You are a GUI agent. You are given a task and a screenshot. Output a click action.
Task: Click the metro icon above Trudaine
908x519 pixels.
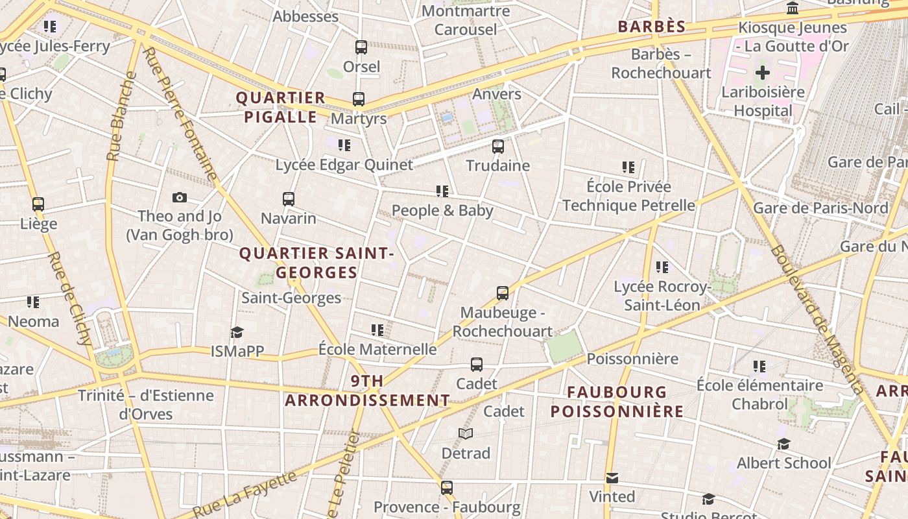click(498, 147)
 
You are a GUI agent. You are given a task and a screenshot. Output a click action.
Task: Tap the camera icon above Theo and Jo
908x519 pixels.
click(180, 197)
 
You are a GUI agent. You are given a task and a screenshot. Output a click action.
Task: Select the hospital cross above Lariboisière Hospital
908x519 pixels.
click(763, 73)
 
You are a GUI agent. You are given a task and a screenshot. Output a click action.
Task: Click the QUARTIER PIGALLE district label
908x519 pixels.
click(280, 108)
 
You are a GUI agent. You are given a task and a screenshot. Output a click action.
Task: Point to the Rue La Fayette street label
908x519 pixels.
click(245, 496)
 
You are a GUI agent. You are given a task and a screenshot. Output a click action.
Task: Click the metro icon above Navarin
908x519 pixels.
click(289, 199)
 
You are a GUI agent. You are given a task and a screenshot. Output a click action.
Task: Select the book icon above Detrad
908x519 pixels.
click(466, 433)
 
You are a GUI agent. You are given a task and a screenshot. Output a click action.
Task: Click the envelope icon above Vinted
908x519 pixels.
click(612, 478)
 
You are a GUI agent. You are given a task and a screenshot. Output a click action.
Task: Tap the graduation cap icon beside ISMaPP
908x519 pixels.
click(237, 333)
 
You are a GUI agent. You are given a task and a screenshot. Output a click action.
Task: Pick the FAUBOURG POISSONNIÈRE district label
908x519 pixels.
click(617, 402)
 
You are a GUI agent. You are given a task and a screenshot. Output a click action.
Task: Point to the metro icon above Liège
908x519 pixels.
click(38, 204)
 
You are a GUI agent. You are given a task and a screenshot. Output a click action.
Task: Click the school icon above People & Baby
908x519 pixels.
click(442, 191)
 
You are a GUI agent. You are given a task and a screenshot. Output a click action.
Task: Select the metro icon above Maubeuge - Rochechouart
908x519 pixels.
click(503, 293)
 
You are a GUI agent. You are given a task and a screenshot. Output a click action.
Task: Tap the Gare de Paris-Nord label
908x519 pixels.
click(820, 208)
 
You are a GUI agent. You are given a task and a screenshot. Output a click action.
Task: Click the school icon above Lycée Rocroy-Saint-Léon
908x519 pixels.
click(662, 267)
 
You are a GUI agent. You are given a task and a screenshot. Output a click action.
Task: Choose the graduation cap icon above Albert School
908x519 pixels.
click(783, 444)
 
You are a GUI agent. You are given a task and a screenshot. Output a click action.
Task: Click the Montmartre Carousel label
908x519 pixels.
click(466, 20)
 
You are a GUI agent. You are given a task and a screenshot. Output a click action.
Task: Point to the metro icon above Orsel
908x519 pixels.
click(361, 47)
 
